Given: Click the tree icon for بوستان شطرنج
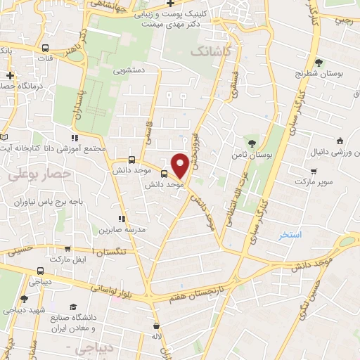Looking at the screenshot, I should click(x=320, y=62).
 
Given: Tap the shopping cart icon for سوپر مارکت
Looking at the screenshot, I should click(x=313, y=170).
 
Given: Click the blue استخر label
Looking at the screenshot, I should click(x=290, y=234).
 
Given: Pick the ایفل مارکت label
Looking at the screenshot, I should click(x=51, y=259).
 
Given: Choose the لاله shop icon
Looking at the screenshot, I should click(x=156, y=326).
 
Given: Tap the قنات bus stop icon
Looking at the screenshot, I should click(x=46, y=48).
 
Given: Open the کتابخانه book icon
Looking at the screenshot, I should click(x=4, y=136).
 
